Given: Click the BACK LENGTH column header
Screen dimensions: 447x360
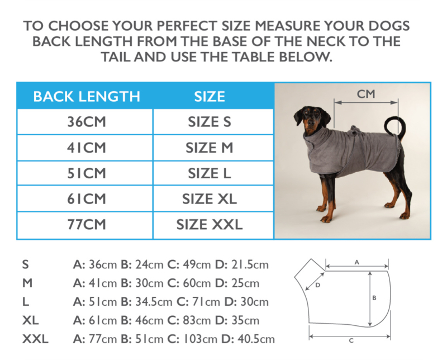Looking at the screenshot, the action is [x=87, y=96].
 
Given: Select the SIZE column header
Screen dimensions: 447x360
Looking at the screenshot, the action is [x=210, y=96].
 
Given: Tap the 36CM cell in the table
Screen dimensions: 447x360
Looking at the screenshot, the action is [x=87, y=122].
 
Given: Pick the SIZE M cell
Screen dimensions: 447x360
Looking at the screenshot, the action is [x=210, y=148].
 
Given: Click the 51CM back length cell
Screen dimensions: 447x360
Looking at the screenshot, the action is [x=87, y=173].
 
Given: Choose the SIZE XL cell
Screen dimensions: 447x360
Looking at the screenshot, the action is [x=210, y=199].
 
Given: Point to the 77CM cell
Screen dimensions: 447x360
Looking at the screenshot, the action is [x=87, y=225].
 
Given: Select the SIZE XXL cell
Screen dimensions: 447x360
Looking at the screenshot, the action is [x=210, y=225].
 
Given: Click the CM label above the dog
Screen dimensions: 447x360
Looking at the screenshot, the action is [x=366, y=94].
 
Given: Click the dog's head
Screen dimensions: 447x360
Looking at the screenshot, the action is [x=310, y=119].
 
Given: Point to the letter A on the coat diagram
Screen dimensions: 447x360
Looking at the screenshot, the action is [x=356, y=262].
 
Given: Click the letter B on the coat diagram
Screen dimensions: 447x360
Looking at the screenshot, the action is [x=374, y=298].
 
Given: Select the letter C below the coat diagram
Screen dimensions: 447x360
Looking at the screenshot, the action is [x=351, y=340].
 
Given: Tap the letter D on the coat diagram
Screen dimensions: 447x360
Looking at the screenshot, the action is [x=318, y=285].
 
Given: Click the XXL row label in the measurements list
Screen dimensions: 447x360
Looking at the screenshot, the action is [x=35, y=339].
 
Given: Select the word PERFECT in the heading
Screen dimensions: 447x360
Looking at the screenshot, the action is [x=187, y=26].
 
